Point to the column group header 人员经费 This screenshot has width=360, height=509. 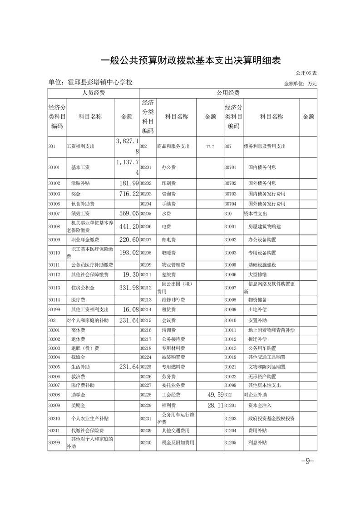(94, 93)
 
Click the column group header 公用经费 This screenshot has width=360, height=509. (228, 93)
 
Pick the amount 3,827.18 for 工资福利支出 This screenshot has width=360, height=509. (126, 147)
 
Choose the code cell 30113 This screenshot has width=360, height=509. (54, 287)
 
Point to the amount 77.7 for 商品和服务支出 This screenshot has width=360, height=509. (210, 147)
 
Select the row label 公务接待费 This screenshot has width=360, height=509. (173, 339)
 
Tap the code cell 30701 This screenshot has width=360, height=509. (231, 167)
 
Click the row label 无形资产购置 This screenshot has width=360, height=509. (262, 377)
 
